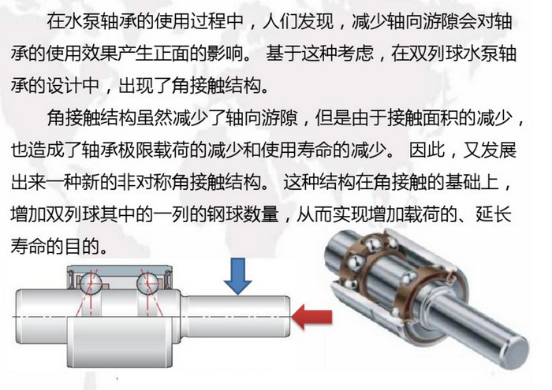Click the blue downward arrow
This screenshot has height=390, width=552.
[237, 276]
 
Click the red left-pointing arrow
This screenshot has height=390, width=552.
[312, 317]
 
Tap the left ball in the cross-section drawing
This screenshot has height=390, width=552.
[91, 282]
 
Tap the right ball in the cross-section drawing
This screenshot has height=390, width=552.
[147, 282]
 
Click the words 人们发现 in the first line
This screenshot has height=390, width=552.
[298, 21]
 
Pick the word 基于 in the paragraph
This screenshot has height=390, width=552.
[283, 54]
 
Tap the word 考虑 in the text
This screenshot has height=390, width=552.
[355, 54]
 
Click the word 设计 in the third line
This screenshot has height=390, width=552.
[64, 85]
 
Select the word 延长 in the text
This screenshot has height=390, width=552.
[494, 214]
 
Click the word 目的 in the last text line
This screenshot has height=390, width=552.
[82, 246]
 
